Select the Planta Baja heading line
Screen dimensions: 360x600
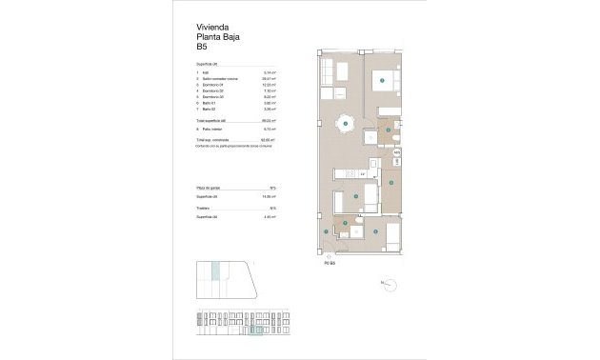coord(216,36)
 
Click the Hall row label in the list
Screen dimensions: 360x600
coord(206,72)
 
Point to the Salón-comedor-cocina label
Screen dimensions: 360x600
coord(220,79)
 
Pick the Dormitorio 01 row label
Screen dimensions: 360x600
coord(214,86)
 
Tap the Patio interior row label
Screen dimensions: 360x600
coord(212,129)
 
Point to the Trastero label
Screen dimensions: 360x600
coord(205,209)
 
